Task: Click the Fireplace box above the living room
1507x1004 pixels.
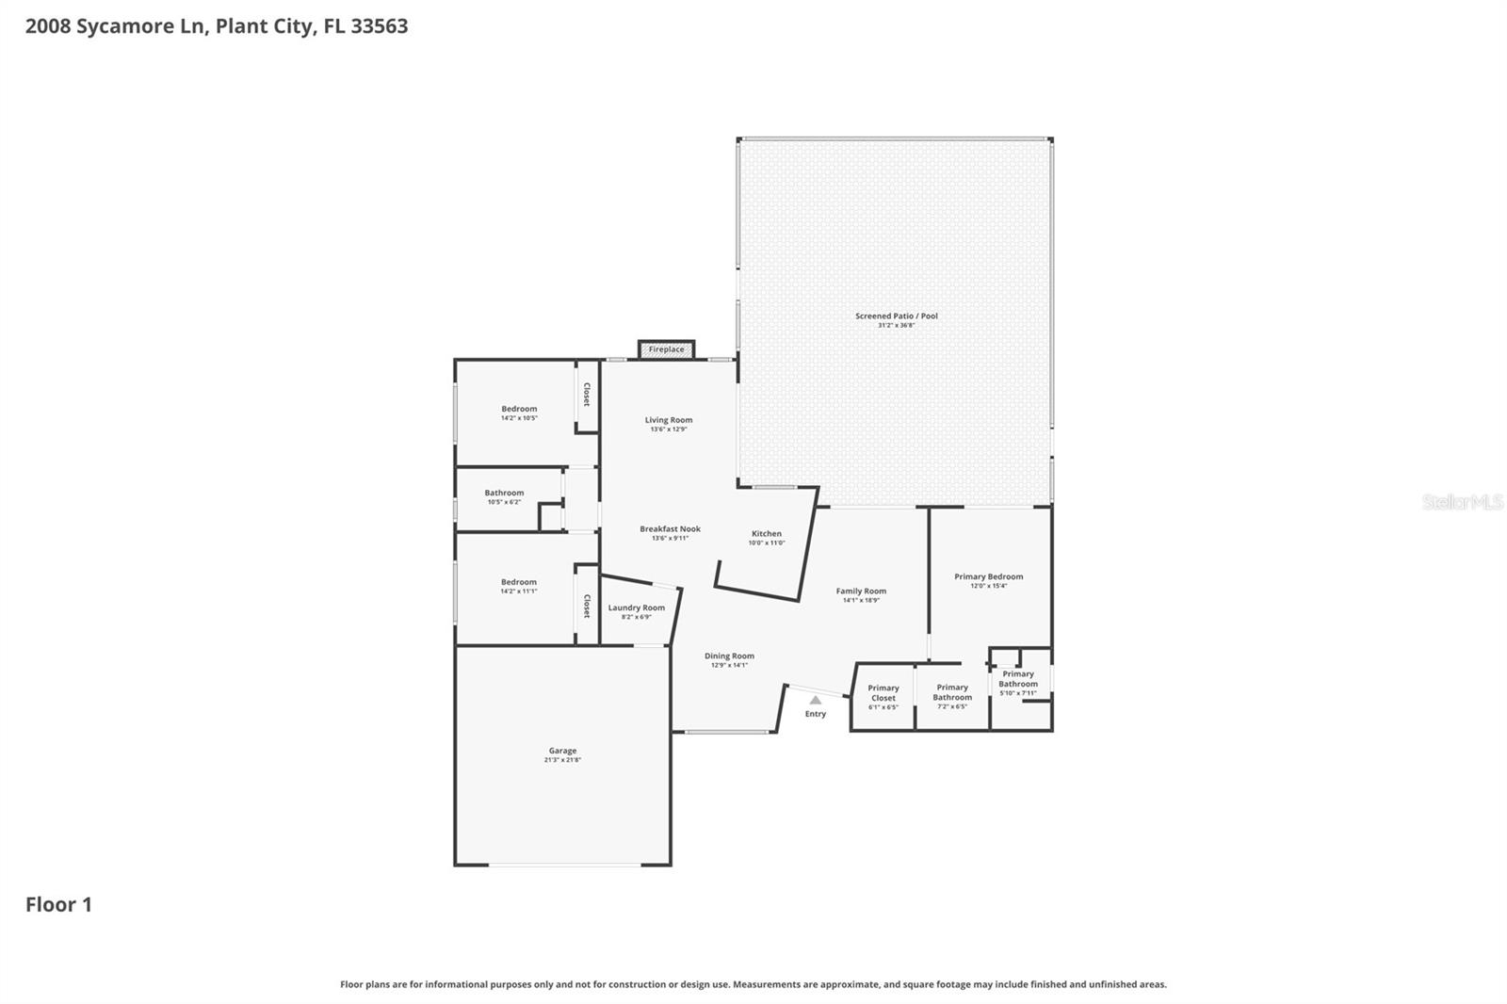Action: [666, 349]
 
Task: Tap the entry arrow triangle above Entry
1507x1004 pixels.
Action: [815, 700]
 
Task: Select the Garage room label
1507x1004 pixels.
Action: [562, 751]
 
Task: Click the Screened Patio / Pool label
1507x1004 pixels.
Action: [896, 316]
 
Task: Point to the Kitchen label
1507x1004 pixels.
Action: [766, 533]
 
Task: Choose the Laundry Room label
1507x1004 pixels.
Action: [636, 607]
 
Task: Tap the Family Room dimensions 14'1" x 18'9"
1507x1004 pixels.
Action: [860, 600]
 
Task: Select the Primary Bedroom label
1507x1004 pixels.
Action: [988, 576]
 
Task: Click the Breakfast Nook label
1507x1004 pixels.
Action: [670, 529]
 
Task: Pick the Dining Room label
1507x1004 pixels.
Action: [729, 656]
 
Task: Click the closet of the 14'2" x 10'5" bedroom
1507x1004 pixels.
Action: [587, 395]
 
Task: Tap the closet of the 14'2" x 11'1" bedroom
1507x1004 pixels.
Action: [587, 606]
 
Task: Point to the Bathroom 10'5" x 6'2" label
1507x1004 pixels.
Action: [504, 493]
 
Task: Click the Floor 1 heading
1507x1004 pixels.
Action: [58, 904]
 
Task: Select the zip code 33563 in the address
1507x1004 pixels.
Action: [380, 25]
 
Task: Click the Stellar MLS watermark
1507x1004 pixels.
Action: [1462, 502]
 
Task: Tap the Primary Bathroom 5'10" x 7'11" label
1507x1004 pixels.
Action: [1018, 678]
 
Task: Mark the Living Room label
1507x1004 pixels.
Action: [668, 420]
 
